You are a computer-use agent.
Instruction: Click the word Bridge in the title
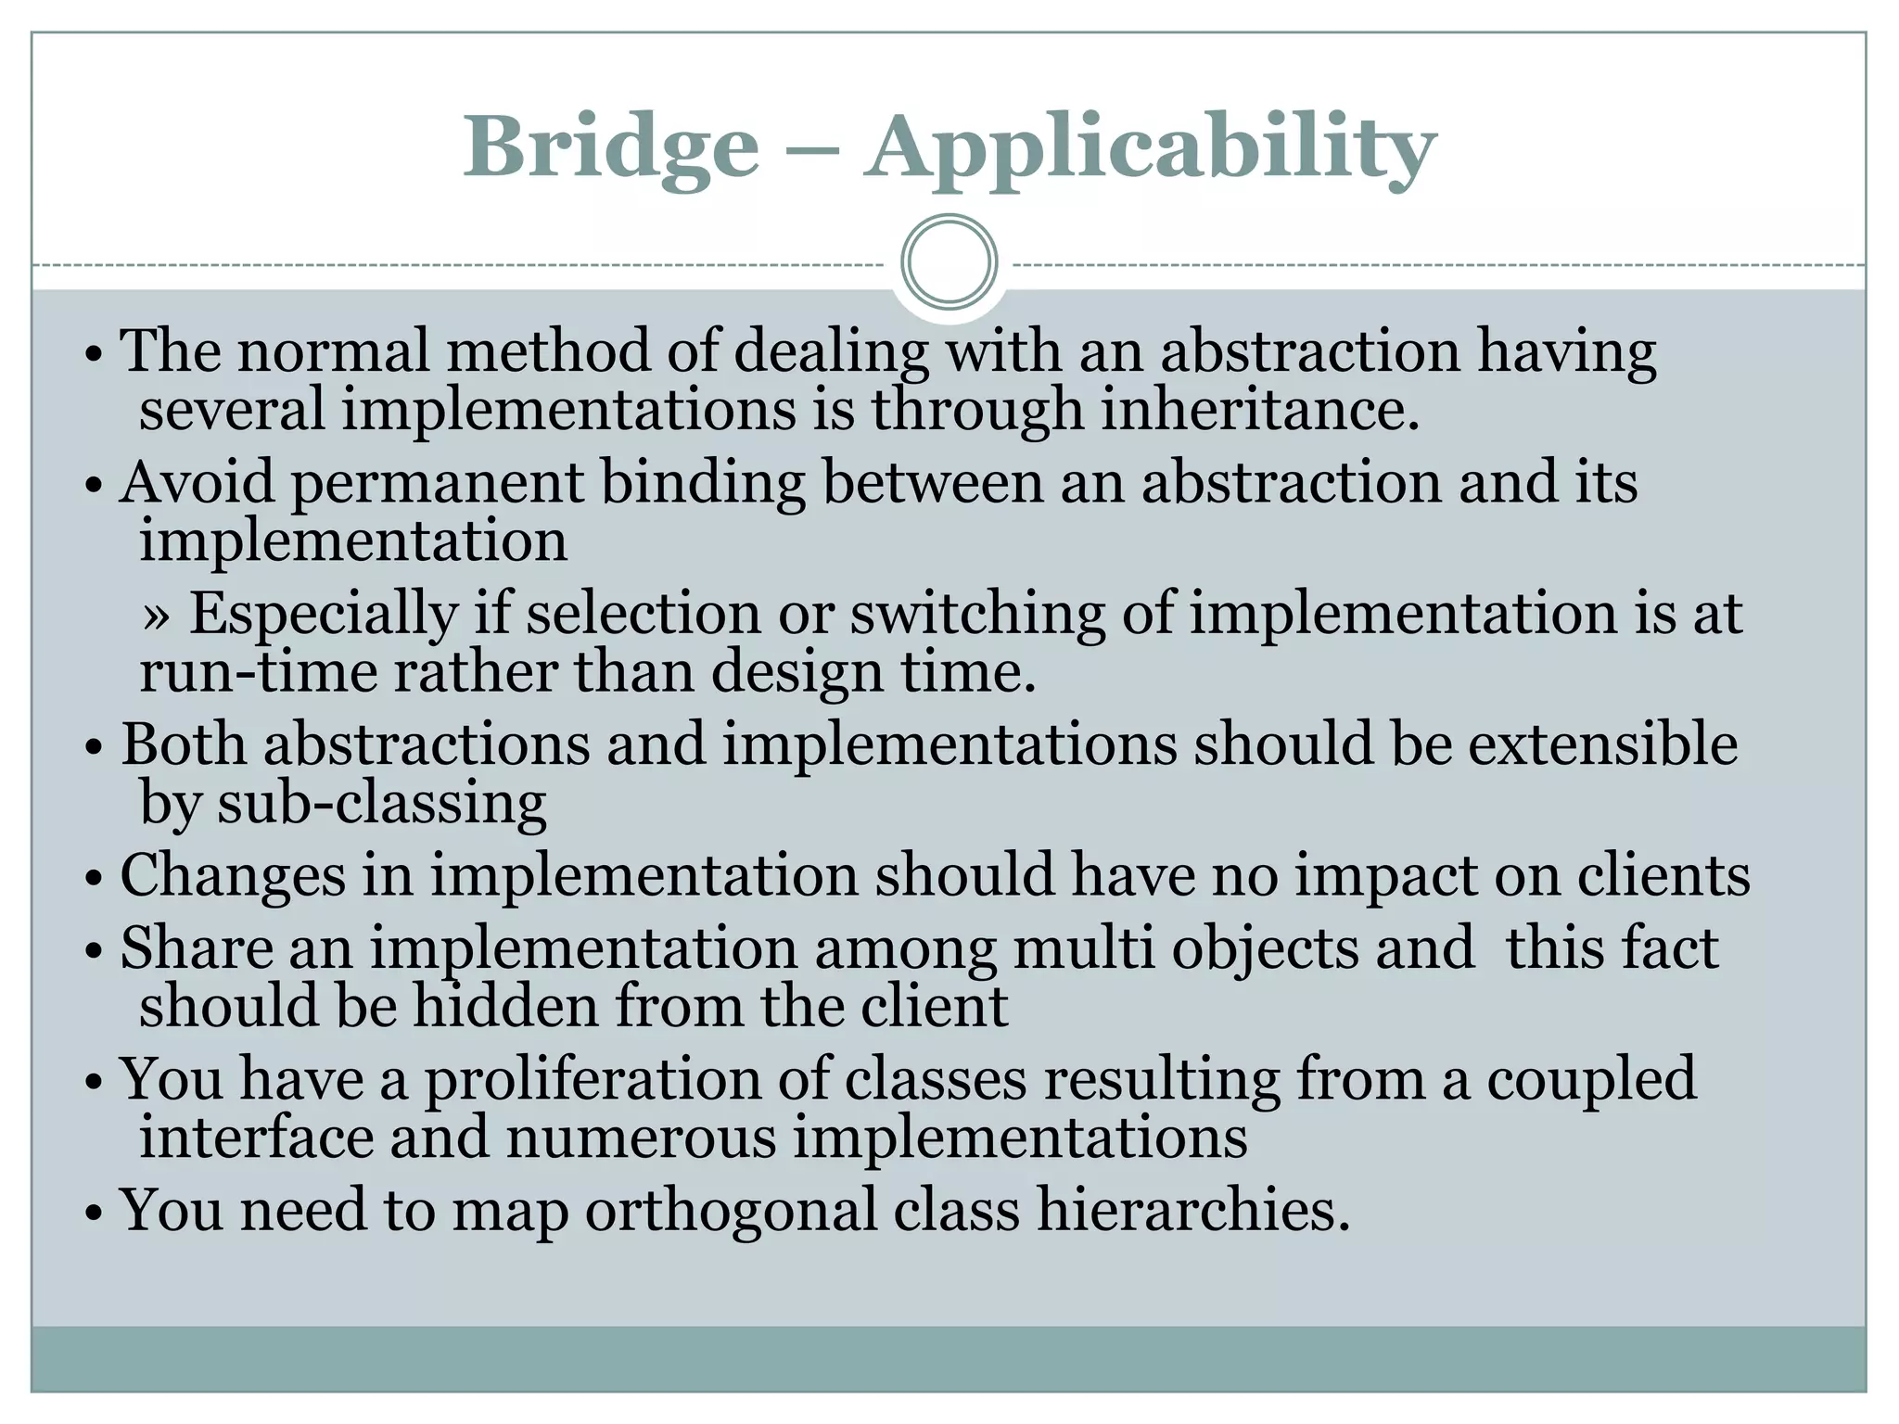click(611, 148)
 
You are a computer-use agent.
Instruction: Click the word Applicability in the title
click(1150, 148)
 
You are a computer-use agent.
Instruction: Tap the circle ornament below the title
click(949, 262)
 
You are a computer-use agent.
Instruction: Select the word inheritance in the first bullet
click(1259, 410)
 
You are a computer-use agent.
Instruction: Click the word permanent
click(437, 484)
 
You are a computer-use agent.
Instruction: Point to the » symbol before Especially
click(157, 616)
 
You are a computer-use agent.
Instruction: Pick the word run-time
click(258, 672)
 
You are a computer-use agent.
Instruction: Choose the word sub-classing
click(381, 803)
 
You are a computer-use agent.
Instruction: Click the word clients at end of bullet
click(1663, 875)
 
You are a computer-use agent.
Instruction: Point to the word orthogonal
click(731, 1211)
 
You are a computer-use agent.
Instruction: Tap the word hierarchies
click(1192, 1211)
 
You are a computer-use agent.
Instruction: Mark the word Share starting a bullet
click(197, 949)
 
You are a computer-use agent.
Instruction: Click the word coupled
click(1591, 1080)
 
